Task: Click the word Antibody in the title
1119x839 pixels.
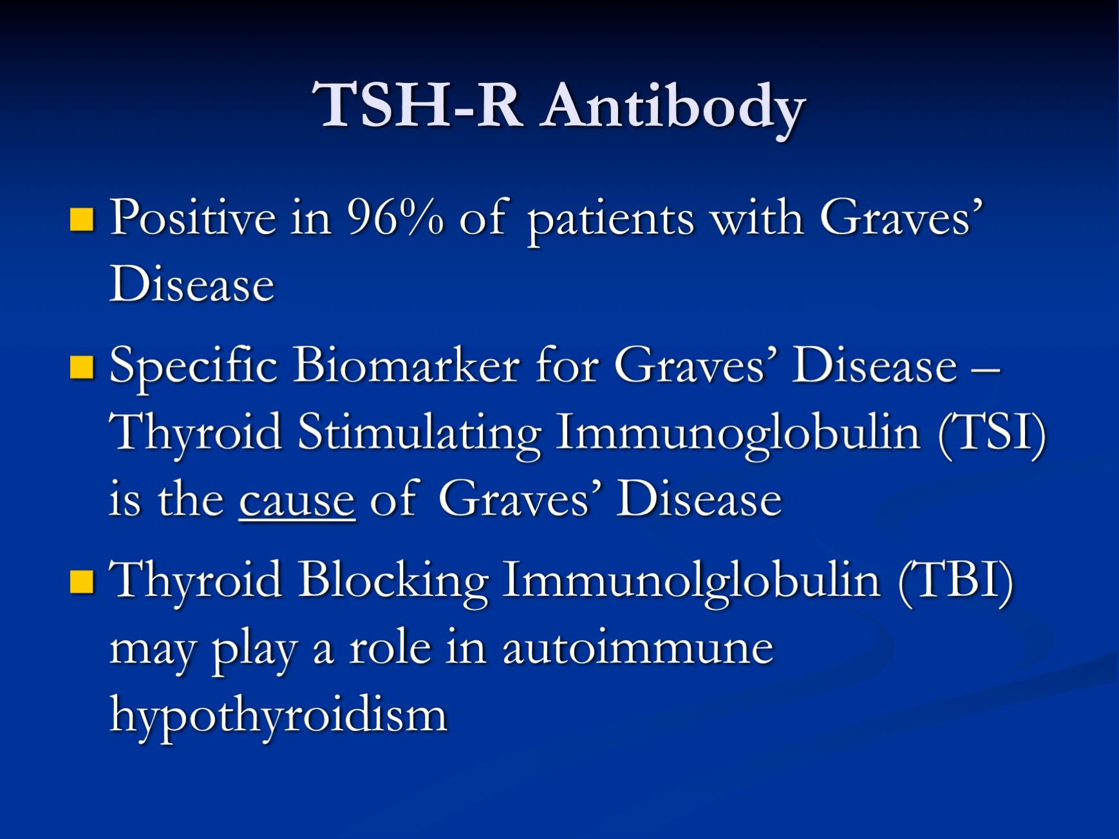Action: (673, 106)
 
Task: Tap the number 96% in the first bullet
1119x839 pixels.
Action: (395, 217)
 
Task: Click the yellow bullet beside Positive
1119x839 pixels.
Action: (82, 219)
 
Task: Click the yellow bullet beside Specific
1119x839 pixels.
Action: (82, 367)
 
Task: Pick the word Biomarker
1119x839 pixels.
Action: (406, 365)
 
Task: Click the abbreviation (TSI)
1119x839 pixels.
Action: (992, 432)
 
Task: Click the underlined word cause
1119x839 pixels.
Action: (297, 501)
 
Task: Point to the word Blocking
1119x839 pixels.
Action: (393, 580)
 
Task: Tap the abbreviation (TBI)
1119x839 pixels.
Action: (955, 580)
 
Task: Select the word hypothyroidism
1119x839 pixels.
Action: (278, 715)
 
